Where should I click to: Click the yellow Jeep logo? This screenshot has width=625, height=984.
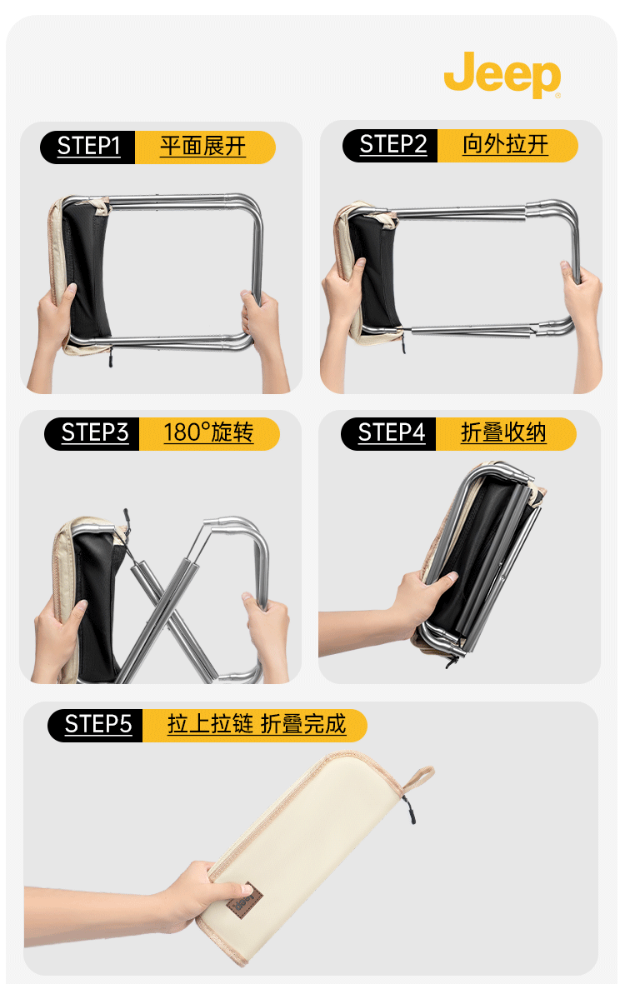(502, 74)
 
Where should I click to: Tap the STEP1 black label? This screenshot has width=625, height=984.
(87, 147)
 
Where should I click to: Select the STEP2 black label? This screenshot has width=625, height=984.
(390, 145)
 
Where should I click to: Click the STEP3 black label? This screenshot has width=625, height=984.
(92, 433)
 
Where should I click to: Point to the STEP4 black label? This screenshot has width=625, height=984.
(389, 433)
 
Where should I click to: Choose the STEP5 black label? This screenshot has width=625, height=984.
(96, 725)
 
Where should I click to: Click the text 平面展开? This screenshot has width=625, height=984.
(202, 146)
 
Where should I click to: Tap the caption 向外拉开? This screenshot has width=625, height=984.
(505, 144)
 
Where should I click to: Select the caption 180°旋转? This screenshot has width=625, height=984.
(208, 432)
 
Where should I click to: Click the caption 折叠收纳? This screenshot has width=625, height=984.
(503, 432)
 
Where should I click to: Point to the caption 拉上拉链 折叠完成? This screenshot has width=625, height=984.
(257, 724)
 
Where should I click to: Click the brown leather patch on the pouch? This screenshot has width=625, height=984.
(245, 902)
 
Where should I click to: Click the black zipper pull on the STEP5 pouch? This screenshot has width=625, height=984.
(407, 810)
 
